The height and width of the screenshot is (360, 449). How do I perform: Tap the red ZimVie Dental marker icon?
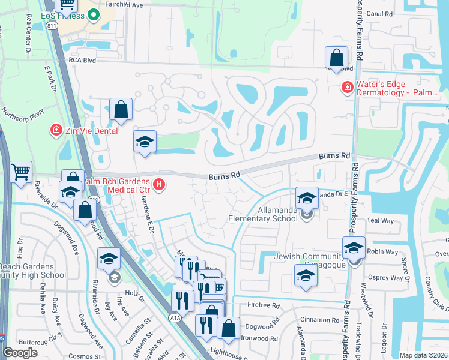coord(56,130)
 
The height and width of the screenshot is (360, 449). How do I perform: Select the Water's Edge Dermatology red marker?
coord(346,88)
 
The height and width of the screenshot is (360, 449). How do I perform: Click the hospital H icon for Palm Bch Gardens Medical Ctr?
coord(159,185)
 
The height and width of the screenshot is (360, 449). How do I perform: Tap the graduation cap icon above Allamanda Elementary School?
coord(307,198)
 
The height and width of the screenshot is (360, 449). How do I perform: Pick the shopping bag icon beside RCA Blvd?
coord(337,58)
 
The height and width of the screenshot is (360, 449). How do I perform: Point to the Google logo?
coord(20,353)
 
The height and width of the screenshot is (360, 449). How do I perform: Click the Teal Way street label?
coord(380,221)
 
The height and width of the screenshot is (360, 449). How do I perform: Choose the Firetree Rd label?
coord(264,305)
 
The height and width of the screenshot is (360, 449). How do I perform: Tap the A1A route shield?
coord(175,319)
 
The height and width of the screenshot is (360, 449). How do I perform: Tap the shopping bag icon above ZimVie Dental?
coord(121,109)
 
